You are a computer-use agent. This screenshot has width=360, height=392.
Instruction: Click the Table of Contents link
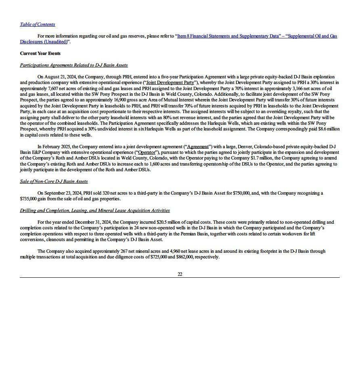[x=38, y=24]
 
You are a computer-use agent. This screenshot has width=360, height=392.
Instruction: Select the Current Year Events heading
[x=40, y=53]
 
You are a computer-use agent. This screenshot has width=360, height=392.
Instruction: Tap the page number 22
[x=180, y=274]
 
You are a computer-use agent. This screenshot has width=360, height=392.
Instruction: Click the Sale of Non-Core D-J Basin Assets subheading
[x=54, y=181]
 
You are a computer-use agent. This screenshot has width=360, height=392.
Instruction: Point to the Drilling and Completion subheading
[x=94, y=210]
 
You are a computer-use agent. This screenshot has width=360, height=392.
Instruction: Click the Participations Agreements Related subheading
[x=73, y=65]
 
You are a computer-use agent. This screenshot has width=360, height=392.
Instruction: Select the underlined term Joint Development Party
[x=170, y=82]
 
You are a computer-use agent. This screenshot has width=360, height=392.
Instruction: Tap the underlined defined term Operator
[x=147, y=152]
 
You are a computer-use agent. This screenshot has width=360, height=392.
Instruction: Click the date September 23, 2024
[x=63, y=193]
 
